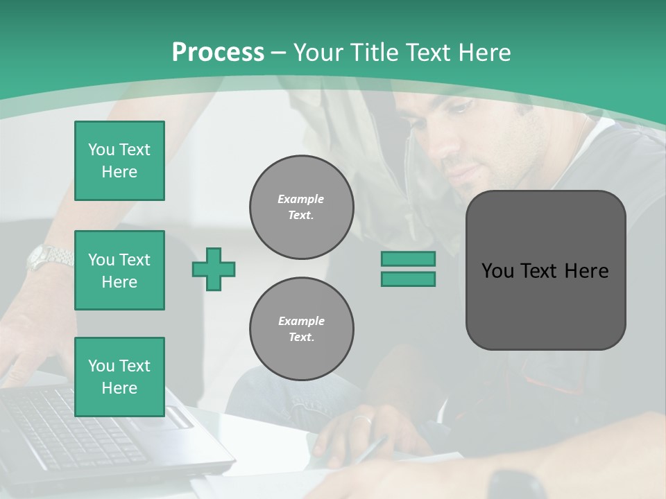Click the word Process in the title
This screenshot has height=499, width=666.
coord(218,53)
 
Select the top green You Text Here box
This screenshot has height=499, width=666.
coord(119,161)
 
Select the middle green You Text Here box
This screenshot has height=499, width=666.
coord(119,270)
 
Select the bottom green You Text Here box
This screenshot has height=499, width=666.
coord(119,377)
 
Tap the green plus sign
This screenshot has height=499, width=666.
coord(214,269)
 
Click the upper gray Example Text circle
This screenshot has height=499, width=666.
coord(301,207)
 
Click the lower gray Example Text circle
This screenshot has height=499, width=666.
coord(301,329)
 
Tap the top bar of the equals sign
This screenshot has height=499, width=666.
coord(408,259)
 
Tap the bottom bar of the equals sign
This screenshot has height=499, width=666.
coord(408,279)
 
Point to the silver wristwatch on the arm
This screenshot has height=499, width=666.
coord(49,258)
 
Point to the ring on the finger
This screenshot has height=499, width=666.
coord(361,419)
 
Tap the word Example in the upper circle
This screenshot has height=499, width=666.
coord(300,199)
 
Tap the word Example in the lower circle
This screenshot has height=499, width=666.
coord(301,321)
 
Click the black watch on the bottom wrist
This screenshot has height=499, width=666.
coord(517,484)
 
